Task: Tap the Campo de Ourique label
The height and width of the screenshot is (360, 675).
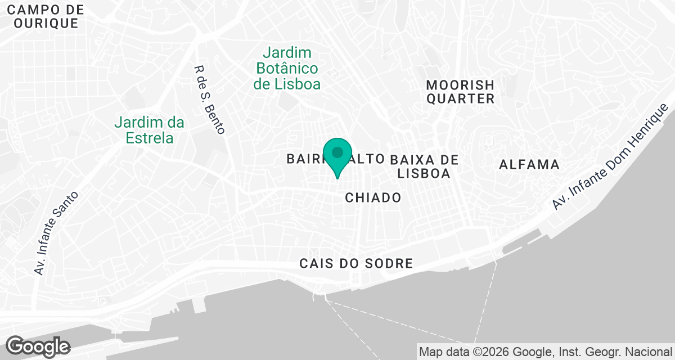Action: pos(46,16)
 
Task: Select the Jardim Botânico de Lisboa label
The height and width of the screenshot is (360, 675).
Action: pos(287,69)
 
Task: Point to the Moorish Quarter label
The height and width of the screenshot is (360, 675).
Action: pos(460,92)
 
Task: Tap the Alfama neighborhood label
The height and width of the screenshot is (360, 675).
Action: pos(529,165)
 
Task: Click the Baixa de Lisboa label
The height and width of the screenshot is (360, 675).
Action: pos(424,166)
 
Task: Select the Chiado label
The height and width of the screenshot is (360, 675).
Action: pos(373,197)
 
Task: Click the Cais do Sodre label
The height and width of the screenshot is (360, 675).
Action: pos(356,263)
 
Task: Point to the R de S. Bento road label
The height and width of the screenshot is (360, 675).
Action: pos(209,100)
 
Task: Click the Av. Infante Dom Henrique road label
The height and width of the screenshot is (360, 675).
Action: pos(613,157)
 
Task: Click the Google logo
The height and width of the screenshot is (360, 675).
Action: pos(38,346)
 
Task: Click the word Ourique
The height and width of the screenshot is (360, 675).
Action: pos(46,23)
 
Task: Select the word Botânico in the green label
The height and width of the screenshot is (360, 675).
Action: pos(287,69)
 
